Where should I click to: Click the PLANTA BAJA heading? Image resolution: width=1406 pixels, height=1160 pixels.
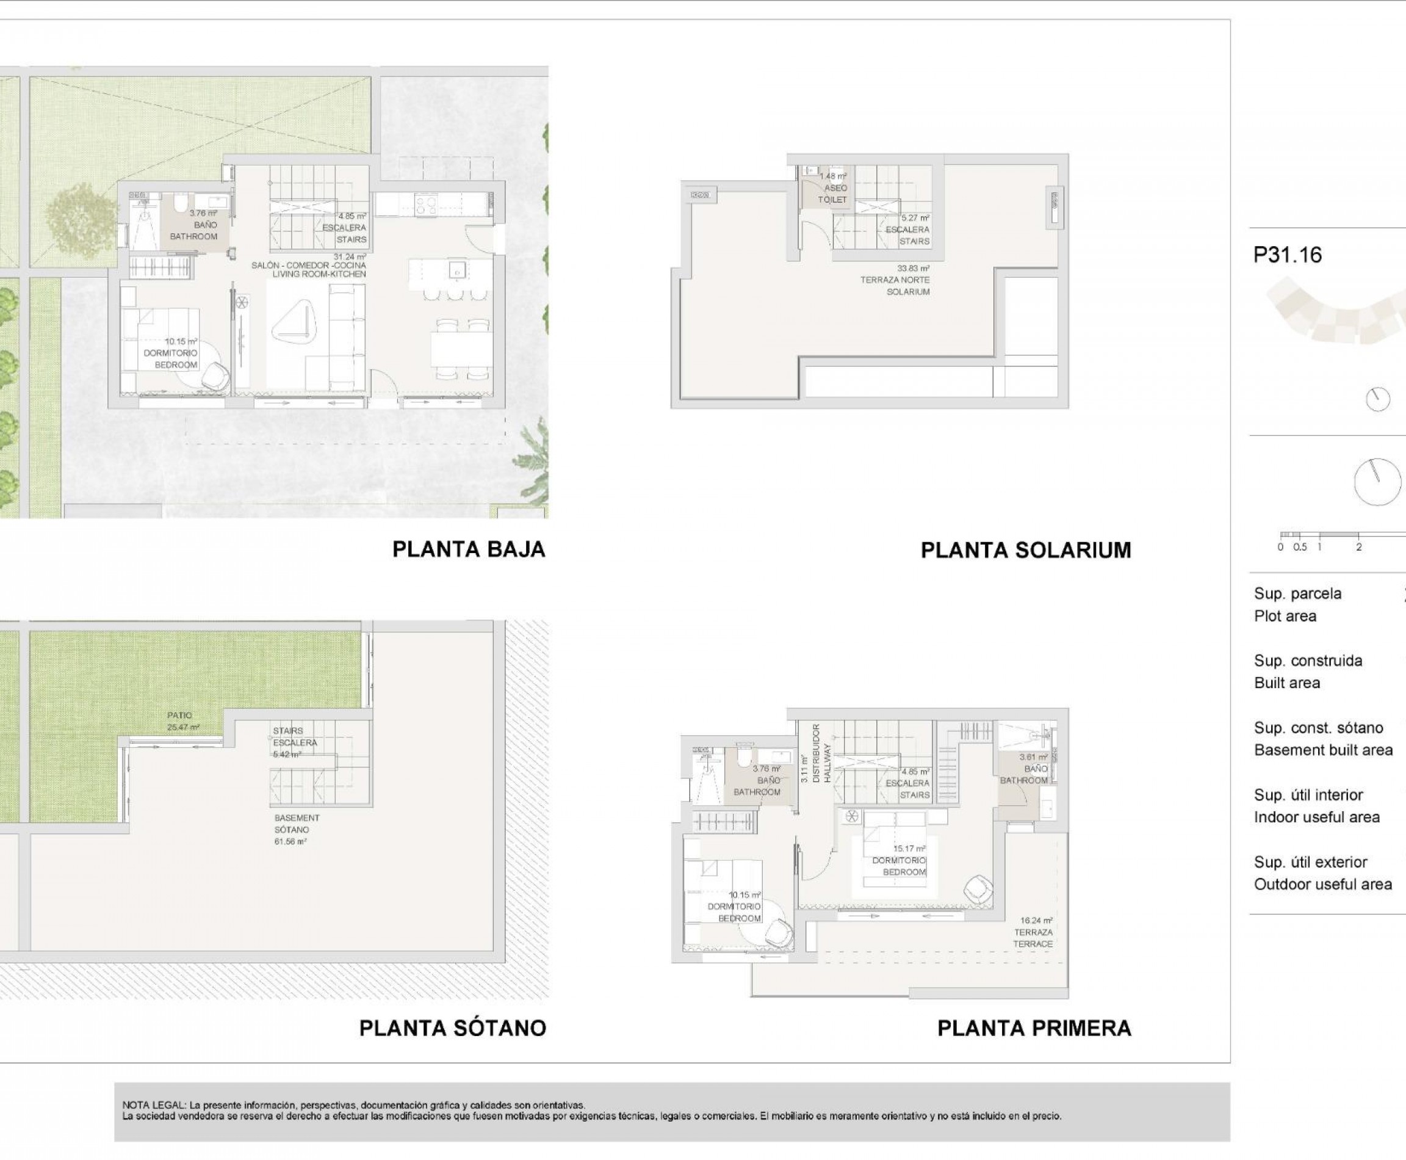click(468, 549)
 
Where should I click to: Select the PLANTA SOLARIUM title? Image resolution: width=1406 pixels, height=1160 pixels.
click(1025, 550)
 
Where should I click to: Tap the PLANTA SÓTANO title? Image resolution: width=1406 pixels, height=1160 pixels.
click(452, 1028)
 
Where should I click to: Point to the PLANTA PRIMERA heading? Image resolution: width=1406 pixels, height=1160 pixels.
click(1034, 1028)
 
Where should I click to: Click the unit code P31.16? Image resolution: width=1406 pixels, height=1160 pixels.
click(1287, 255)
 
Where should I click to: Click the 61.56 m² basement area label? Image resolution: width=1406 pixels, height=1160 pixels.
click(291, 830)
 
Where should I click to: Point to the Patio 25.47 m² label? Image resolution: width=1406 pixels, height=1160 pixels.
click(182, 720)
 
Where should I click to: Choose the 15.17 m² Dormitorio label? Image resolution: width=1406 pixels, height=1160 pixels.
click(899, 861)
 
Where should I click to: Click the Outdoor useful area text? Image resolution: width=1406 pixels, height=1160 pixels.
click(1322, 885)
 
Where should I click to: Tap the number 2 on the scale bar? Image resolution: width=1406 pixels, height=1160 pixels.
click(1358, 546)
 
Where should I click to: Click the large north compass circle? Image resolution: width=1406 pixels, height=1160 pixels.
click(1377, 482)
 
